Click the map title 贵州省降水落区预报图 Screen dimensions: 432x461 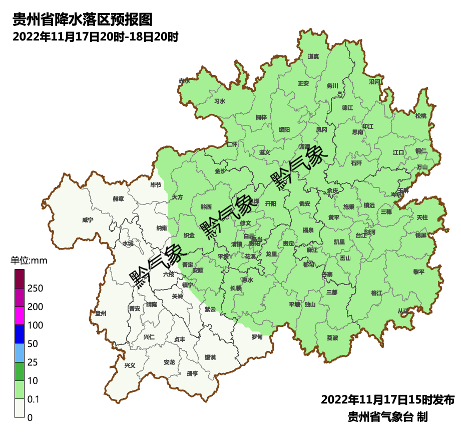pyautogui.click(x=82, y=20)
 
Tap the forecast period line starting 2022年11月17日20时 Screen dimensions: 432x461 pyautogui.click(x=95, y=37)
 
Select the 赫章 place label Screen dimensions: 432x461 pyautogui.click(x=118, y=198)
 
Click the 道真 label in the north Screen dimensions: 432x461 pyautogui.click(x=313, y=56)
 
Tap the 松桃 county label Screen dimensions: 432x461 pyautogui.click(x=420, y=116)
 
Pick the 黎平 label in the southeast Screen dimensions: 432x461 pyautogui.click(x=418, y=271)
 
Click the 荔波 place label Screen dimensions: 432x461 pyautogui.click(x=332, y=337)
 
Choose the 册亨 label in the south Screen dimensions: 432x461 pyautogui.click(x=192, y=373)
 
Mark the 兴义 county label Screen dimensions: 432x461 pyautogui.click(x=130, y=365)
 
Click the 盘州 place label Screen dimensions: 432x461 pyautogui.click(x=101, y=313)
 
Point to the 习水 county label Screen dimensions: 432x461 pyautogui.click(x=219, y=101)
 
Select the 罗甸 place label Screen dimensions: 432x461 pyautogui.click(x=257, y=336)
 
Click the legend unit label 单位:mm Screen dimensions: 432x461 pyautogui.click(x=29, y=260)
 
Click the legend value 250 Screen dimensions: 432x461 pyautogui.click(x=35, y=288)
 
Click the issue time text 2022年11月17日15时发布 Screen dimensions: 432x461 pyautogui.click(x=387, y=399)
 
